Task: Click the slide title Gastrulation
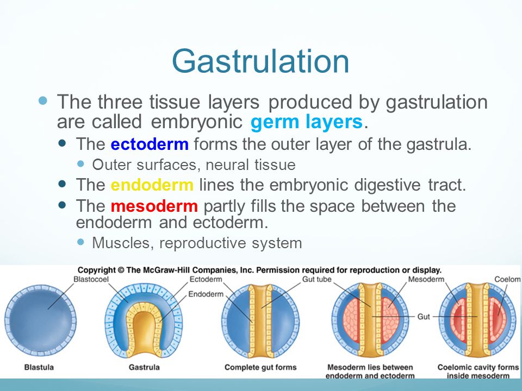(260, 62)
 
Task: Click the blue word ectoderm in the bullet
(150, 144)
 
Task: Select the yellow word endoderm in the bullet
(152, 185)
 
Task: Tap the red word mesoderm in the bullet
(154, 206)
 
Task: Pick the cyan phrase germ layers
(306, 122)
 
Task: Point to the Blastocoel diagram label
(91, 279)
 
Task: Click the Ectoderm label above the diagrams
(206, 279)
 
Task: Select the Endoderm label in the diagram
(206, 294)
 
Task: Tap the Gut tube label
(316, 279)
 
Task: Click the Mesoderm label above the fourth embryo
(426, 279)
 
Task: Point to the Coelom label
(507, 279)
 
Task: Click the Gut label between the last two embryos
(424, 317)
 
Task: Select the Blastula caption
(39, 368)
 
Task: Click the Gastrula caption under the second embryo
(144, 368)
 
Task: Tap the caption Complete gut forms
(260, 368)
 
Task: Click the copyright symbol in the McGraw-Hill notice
(121, 270)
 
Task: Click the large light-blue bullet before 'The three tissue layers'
(43, 100)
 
